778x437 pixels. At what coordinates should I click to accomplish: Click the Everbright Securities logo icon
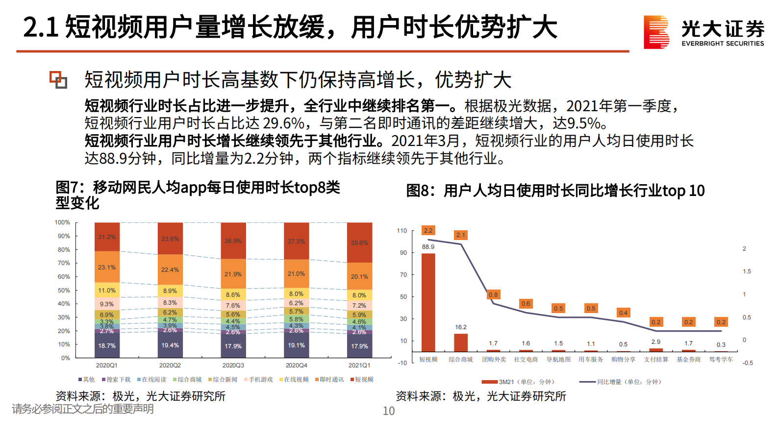(656, 32)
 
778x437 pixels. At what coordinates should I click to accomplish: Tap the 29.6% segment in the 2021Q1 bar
(359, 243)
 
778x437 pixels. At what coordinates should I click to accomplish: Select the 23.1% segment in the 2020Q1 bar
(107, 267)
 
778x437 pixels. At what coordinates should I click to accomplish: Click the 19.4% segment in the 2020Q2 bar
(170, 345)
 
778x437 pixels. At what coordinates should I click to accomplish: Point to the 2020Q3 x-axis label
(233, 365)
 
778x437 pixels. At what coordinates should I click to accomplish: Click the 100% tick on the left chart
(62, 222)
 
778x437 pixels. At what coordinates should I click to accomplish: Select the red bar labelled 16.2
(461, 342)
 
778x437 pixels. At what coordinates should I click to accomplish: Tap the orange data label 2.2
(428, 230)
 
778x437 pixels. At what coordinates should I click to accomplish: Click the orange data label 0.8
(493, 294)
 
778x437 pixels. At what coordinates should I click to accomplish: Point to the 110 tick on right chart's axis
(402, 230)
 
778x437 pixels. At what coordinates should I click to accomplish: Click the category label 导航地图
(558, 360)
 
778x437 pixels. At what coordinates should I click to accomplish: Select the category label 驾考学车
(721, 360)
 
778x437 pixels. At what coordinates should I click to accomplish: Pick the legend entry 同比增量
(621, 382)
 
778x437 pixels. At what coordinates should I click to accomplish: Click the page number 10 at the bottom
(388, 411)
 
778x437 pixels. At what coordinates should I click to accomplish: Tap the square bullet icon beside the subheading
(58, 80)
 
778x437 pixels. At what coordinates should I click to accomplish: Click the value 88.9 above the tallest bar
(428, 247)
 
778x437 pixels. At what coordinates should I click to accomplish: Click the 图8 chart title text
(555, 191)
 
